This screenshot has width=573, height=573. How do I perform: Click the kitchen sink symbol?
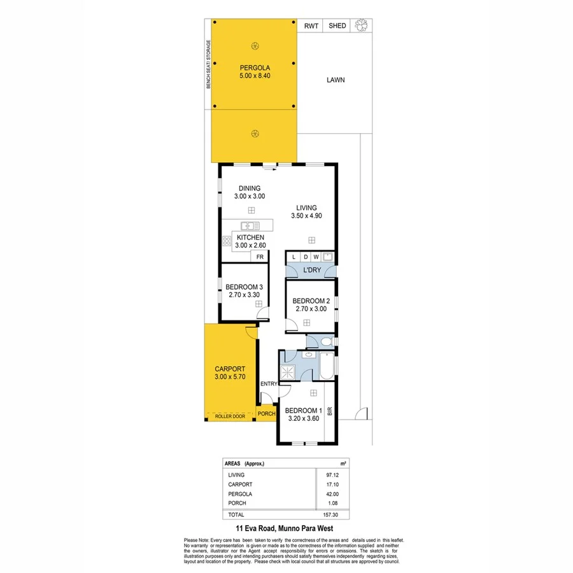[248, 225]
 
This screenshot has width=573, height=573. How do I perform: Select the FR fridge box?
[259, 256]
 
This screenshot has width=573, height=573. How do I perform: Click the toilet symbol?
[325, 343]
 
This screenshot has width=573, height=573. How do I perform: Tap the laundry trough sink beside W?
[328, 257]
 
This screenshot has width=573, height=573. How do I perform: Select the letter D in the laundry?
[306, 257]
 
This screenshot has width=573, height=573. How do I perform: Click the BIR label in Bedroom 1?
[329, 411]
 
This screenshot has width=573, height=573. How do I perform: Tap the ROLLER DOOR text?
[230, 416]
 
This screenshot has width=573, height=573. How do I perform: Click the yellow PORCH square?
[266, 413]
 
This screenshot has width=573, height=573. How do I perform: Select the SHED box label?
[337, 25]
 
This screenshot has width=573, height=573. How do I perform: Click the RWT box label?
[311, 25]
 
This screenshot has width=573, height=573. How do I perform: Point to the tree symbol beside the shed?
[362, 25]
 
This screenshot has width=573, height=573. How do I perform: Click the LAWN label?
[336, 80]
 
